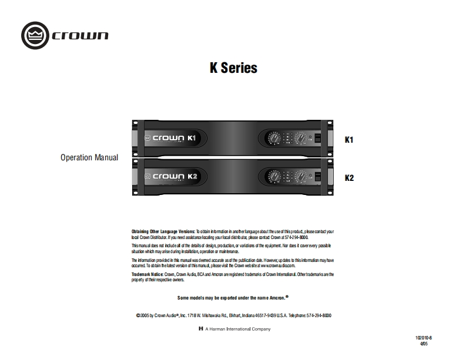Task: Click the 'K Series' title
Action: pos(233,68)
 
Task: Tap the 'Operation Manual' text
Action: pos(89,158)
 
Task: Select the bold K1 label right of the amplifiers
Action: pos(349,140)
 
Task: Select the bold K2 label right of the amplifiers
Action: pos(349,177)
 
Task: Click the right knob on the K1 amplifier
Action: pos(300,139)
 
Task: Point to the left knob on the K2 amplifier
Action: pos(273,176)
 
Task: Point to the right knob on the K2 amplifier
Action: pos(300,176)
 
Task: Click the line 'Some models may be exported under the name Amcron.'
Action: pos(233,298)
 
